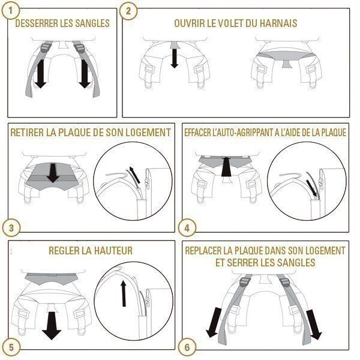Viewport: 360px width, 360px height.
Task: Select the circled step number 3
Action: (x=10, y=228)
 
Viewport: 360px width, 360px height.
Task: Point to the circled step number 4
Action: (x=187, y=228)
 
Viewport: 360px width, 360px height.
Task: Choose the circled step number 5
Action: (x=10, y=347)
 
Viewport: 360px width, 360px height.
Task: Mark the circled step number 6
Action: (x=187, y=347)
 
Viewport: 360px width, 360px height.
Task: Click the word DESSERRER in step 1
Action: (x=37, y=24)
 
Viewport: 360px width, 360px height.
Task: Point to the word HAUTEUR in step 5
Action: (x=112, y=250)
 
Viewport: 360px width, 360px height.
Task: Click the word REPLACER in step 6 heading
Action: (x=207, y=250)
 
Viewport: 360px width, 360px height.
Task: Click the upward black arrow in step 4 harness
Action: (x=226, y=166)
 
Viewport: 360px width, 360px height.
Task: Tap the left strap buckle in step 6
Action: (x=244, y=283)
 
